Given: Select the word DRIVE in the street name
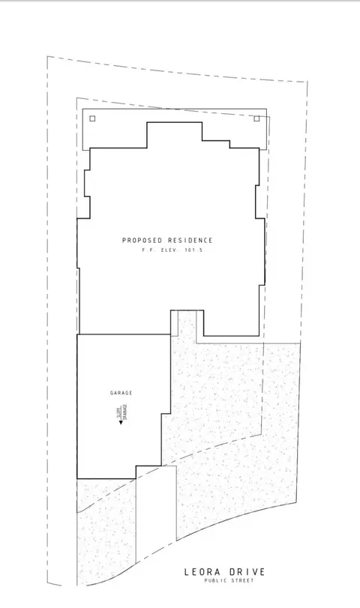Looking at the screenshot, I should [x=246, y=571].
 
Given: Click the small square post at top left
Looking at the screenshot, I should [x=91, y=118].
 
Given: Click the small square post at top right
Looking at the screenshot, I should [x=256, y=118].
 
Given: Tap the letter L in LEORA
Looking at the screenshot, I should [x=186, y=571].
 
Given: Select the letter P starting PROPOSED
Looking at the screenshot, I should [x=124, y=240].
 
